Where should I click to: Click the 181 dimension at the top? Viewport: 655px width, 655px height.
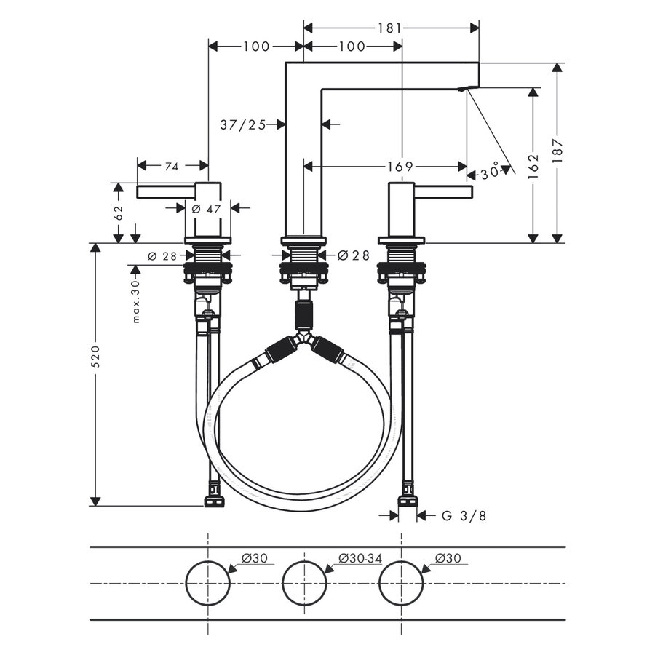tap(390, 28)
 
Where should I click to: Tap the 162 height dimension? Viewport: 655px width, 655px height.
tap(533, 165)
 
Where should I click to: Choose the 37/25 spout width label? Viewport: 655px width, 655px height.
tap(242, 124)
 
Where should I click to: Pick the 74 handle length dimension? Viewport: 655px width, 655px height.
tap(171, 167)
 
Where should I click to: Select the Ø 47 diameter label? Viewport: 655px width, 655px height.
tap(205, 208)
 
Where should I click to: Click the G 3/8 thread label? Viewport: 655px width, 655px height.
tap(464, 516)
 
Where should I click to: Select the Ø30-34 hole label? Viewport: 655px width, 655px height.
tap(360, 558)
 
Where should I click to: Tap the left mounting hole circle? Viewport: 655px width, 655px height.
tap(208, 583)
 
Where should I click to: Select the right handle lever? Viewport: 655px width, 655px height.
tap(443, 191)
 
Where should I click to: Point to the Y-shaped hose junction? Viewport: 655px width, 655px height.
tap(304, 341)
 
